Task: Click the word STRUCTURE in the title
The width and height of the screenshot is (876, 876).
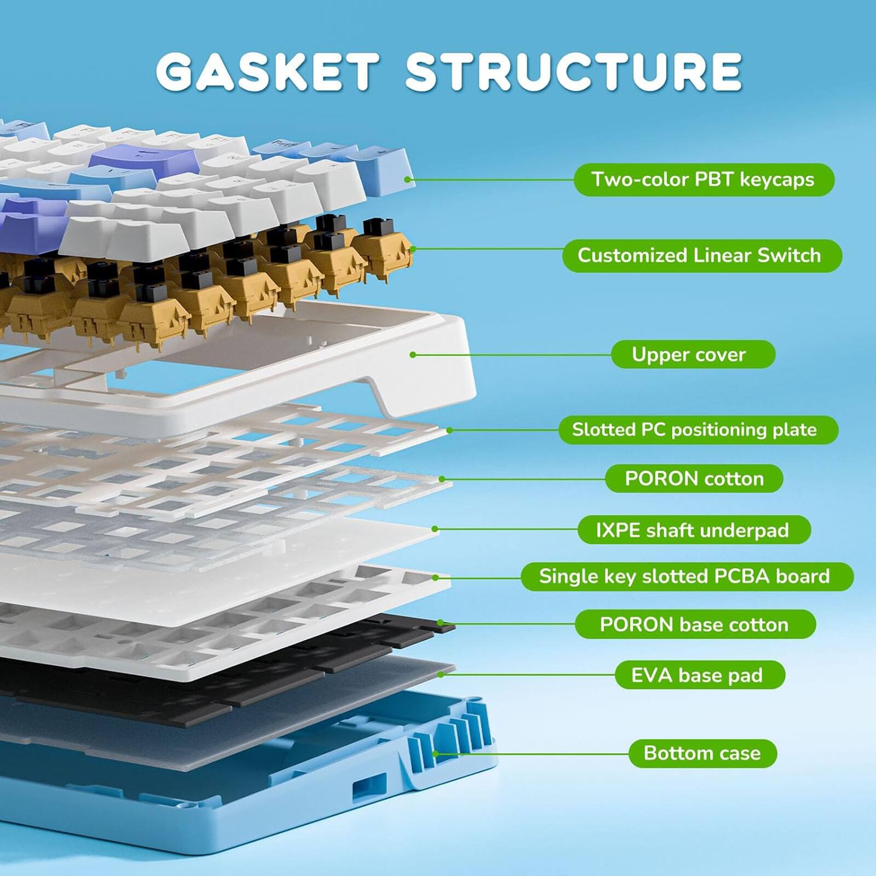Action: [x=573, y=72]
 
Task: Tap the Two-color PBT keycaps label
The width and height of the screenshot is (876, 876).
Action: [x=704, y=180]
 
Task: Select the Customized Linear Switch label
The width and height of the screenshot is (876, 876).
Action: [x=701, y=256]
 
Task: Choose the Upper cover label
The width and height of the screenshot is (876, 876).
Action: [x=693, y=354]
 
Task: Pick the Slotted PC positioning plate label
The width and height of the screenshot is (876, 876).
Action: [x=698, y=430]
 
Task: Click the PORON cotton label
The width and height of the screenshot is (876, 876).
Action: [x=694, y=479]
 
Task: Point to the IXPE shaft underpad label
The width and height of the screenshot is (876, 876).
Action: [x=694, y=530]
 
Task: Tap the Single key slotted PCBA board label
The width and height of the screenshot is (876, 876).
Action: [x=687, y=577]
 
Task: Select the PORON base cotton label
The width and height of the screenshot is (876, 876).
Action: [x=695, y=624]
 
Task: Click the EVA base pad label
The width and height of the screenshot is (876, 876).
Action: [x=700, y=675]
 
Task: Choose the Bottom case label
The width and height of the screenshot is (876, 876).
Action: [x=702, y=753]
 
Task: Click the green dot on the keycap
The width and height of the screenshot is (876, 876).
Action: [x=407, y=179]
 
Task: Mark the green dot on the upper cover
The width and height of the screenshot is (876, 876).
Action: [x=413, y=355]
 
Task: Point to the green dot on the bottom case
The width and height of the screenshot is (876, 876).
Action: [x=436, y=754]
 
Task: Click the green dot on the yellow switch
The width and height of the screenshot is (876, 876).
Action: [x=413, y=249]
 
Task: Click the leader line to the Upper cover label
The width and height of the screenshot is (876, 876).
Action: [x=512, y=355]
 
